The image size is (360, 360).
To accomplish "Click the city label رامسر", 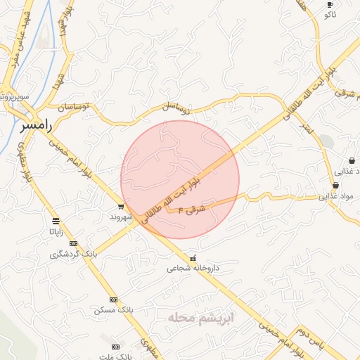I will (36, 125).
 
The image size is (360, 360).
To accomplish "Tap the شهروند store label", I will (121, 217).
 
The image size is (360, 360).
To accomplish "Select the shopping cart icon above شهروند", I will (121, 207).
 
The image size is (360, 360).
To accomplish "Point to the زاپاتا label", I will (56, 231).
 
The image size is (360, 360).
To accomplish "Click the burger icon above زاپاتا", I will (56, 221).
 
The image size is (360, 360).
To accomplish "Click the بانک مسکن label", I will (112, 309).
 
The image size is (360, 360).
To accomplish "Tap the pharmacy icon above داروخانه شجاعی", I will (193, 257).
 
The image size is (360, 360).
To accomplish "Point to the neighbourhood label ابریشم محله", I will (200, 318).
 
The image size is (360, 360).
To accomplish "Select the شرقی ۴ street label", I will (191, 209).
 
